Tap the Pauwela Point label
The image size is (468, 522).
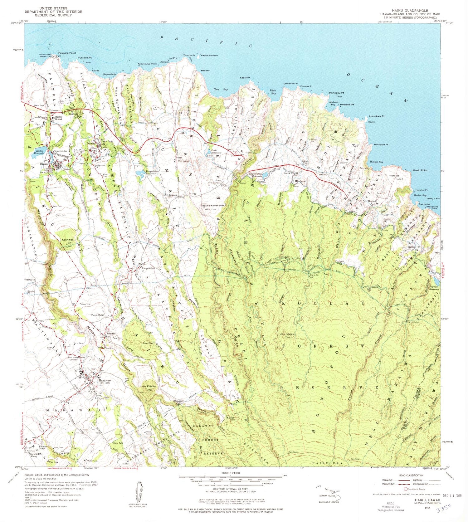tap(67, 53)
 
